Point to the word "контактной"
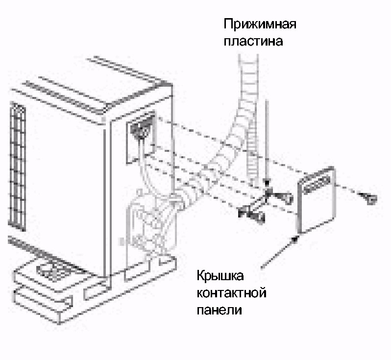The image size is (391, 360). pyautogui.click(x=231, y=294)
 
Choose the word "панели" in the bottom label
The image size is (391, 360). pyautogui.click(x=219, y=311)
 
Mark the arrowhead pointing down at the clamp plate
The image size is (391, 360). pyautogui.click(x=266, y=183)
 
